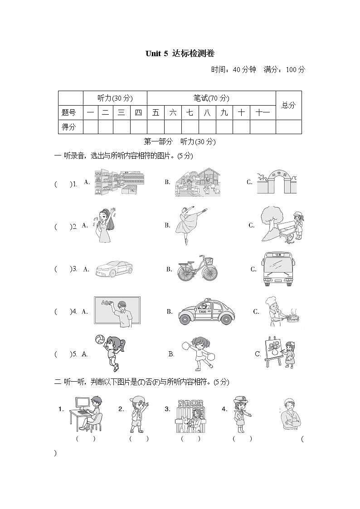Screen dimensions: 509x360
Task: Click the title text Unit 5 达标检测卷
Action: tap(180, 53)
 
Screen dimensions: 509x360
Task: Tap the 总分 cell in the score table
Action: tap(288, 105)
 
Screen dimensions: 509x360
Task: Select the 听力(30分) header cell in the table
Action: tap(115, 98)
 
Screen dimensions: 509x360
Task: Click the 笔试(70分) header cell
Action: tap(211, 98)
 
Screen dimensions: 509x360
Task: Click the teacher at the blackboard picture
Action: tap(117, 311)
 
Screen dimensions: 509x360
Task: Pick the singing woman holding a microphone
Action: tap(105, 225)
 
